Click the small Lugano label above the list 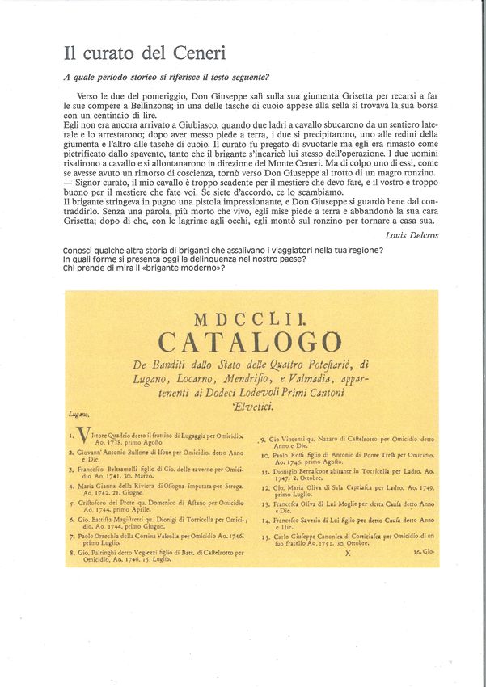(x=79, y=414)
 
